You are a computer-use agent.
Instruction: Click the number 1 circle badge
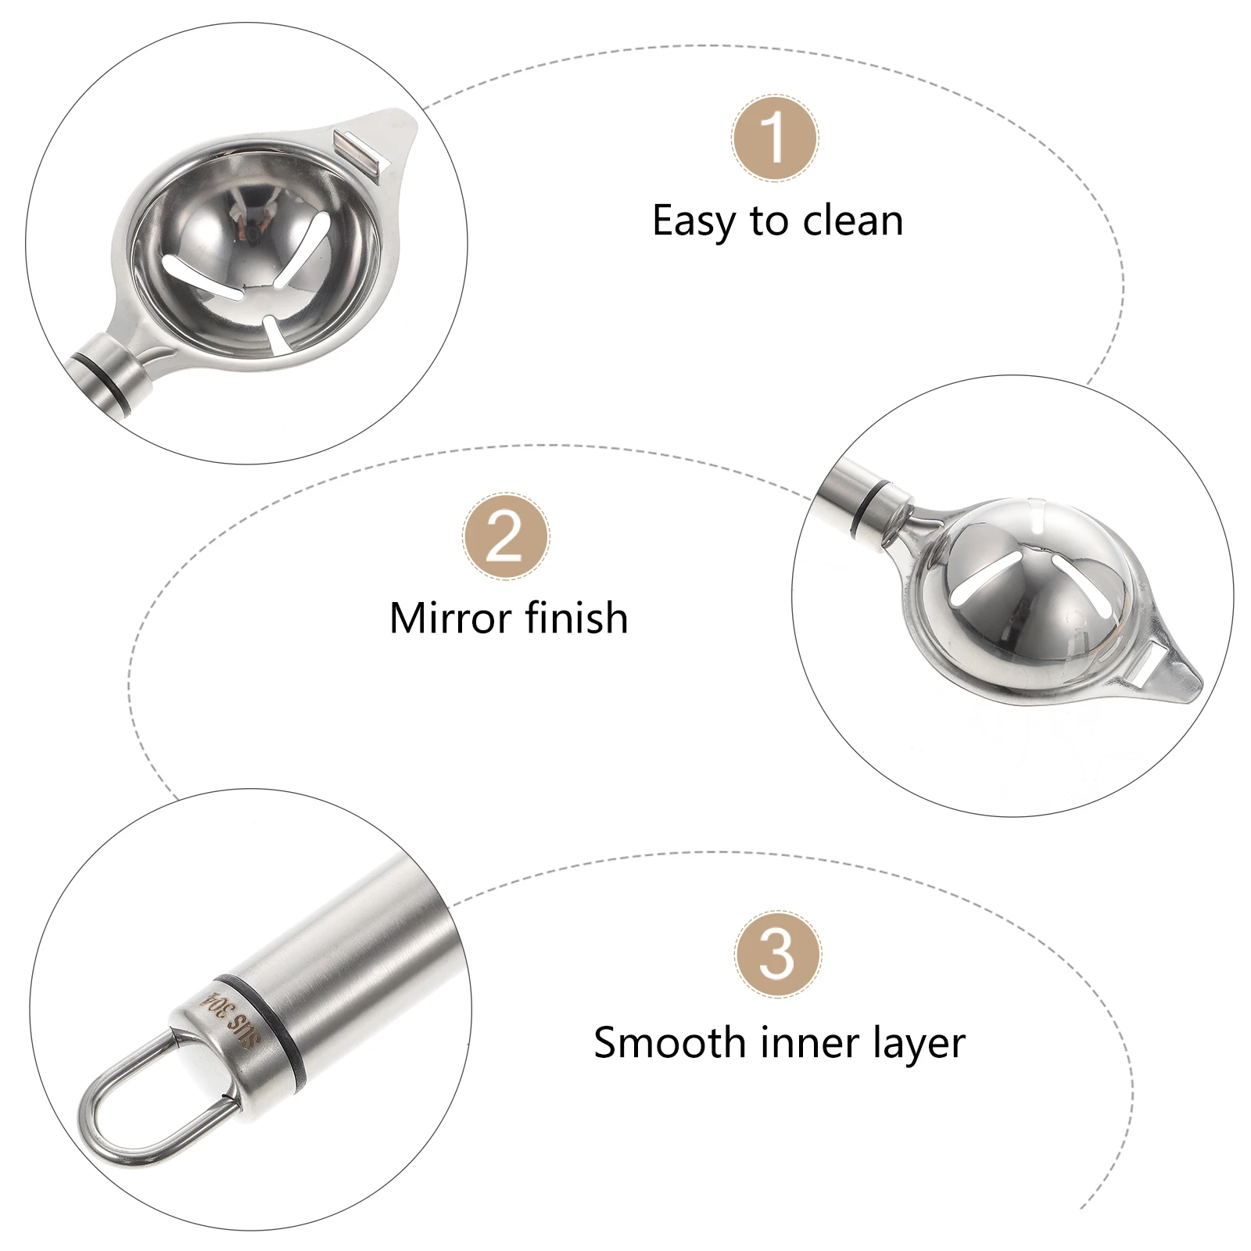tap(775, 138)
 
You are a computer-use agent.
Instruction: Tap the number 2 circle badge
tap(505, 536)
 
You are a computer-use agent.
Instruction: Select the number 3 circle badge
tap(777, 954)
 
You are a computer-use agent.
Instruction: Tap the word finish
tap(576, 618)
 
